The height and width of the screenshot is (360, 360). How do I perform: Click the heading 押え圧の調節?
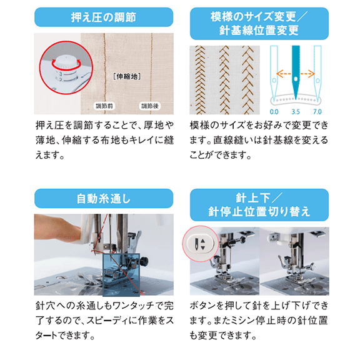coord(104,17)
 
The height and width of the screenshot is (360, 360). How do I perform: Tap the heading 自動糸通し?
coord(104,199)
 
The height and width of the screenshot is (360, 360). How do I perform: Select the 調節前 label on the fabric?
coord(104,106)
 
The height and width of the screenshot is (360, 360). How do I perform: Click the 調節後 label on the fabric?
coord(150,106)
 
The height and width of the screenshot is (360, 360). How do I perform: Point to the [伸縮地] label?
coord(127,76)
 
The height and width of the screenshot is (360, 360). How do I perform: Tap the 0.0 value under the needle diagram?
coord(274,112)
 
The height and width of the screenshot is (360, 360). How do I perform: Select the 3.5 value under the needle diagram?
coord(296,112)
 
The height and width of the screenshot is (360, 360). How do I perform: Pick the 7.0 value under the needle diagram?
coord(317,112)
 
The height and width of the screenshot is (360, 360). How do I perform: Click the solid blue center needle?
coord(296,71)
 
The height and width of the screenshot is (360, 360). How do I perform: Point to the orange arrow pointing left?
coord(284,74)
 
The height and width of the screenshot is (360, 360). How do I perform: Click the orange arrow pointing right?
coord(307,74)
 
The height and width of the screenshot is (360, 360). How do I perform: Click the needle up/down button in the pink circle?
coord(200,243)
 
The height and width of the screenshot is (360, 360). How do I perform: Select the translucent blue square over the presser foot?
coord(121,274)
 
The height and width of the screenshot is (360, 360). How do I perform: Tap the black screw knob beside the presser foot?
coord(144,261)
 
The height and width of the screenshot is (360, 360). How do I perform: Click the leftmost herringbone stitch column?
coord(200,80)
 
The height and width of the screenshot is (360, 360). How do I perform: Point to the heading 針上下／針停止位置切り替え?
coord(259,205)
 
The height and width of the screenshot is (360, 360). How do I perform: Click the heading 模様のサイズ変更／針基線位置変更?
coord(259,23)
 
